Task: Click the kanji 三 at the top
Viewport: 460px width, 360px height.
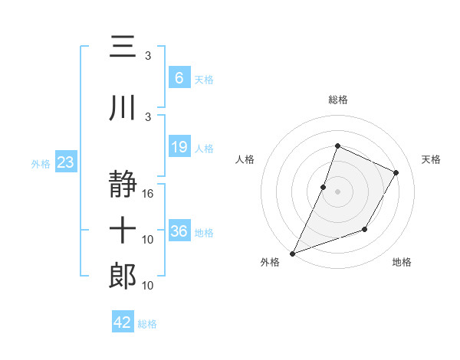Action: coord(123,47)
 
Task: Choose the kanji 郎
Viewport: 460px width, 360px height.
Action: coord(123,276)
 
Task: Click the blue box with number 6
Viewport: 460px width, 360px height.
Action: coord(179,78)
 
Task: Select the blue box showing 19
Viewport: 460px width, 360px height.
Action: coord(179,147)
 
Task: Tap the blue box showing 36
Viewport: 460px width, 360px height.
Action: coord(179,231)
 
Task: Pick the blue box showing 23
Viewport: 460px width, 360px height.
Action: coord(65,162)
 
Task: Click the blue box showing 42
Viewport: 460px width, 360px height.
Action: coord(122,322)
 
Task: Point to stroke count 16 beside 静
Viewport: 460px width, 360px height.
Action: coord(149,193)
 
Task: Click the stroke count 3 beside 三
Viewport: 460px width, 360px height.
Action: coord(148,55)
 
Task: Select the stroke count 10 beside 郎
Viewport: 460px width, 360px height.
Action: coord(149,285)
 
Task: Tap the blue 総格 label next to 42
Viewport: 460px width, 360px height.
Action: coord(147,324)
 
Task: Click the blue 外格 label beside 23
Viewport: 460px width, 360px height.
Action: coord(41,163)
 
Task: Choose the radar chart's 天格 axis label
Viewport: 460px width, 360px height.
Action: coord(431,159)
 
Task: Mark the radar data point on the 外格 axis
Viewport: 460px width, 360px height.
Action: coord(292,253)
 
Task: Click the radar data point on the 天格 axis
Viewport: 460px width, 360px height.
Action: coord(396,172)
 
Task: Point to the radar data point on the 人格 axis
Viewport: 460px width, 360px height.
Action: coord(324,187)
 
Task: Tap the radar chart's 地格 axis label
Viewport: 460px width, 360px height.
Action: coord(402,263)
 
